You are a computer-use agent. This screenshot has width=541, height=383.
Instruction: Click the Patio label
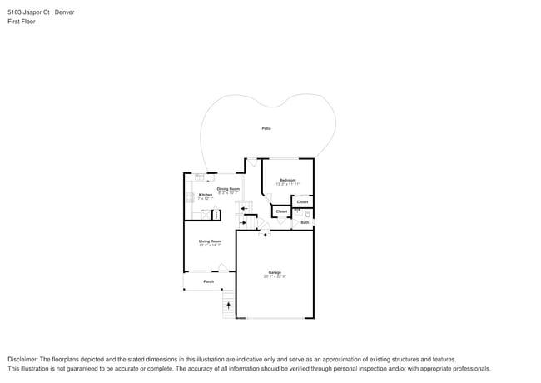point(266,128)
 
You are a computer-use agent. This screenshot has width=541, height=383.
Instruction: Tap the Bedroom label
point(288,180)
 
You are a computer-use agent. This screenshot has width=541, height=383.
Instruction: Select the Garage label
point(275,272)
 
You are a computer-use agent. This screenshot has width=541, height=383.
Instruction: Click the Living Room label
point(209,241)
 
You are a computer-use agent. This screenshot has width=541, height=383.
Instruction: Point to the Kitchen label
point(205,195)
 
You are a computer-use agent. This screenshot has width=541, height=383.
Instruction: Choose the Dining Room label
point(228,189)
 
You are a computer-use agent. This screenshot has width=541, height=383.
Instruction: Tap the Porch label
point(209,281)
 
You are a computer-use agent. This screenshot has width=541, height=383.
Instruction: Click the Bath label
point(305,222)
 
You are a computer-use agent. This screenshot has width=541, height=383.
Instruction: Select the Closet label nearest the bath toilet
point(302,201)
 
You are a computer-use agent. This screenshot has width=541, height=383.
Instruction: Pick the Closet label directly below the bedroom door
point(281,211)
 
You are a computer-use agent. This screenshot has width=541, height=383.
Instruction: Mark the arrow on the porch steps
point(228,306)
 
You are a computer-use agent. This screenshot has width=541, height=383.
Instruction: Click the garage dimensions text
point(275,276)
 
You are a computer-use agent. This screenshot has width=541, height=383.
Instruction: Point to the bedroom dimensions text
point(288,184)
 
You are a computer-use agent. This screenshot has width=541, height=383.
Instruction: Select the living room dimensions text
point(209,245)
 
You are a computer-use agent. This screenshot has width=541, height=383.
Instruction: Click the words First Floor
point(22,22)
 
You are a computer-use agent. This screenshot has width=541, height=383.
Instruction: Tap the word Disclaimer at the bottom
point(22,359)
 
